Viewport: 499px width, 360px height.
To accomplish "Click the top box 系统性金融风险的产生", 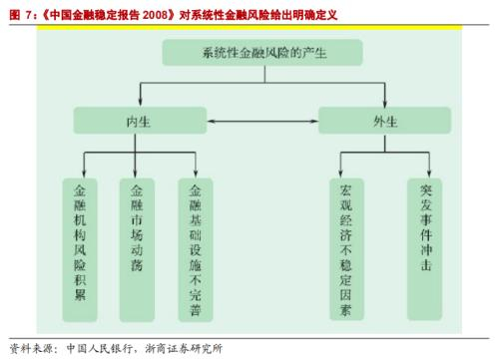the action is pyautogui.click(x=262, y=53).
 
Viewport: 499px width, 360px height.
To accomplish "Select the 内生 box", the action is pyautogui.click(x=140, y=121).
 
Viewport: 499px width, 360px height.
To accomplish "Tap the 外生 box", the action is pyautogui.click(x=384, y=121).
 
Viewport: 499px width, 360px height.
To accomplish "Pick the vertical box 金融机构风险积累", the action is pyautogui.click(x=80, y=250).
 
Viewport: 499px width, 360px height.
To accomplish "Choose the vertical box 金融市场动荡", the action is pyautogui.click(x=137, y=250).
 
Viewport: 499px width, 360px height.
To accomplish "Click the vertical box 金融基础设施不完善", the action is pyautogui.click(x=196, y=250).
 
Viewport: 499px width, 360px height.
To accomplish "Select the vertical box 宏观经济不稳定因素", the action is pyautogui.click(x=346, y=249).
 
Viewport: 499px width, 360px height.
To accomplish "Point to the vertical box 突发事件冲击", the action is pyautogui.click(x=425, y=249).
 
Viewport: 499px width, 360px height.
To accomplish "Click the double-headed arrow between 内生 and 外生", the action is pyautogui.click(x=262, y=121).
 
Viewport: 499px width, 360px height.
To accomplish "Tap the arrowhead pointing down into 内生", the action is pyautogui.click(x=140, y=102).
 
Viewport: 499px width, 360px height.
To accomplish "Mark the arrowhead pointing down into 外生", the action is pyautogui.click(x=385, y=102).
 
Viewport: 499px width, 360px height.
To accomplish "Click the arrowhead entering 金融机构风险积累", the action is pyautogui.click(x=84, y=174).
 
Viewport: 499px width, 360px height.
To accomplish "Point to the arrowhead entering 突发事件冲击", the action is pyautogui.click(x=429, y=174).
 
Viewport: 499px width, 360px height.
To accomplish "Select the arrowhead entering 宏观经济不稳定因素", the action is pyautogui.click(x=340, y=174).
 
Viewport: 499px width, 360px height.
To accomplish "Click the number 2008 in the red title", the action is pyautogui.click(x=155, y=15).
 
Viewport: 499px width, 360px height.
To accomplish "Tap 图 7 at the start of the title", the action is pyautogui.click(x=21, y=15).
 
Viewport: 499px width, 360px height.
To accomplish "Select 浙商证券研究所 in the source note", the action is pyautogui.click(x=184, y=348).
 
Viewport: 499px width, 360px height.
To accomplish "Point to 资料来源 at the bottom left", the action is pyautogui.click(x=31, y=348).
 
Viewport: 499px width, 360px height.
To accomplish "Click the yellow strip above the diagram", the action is pyautogui.click(x=249, y=27).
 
